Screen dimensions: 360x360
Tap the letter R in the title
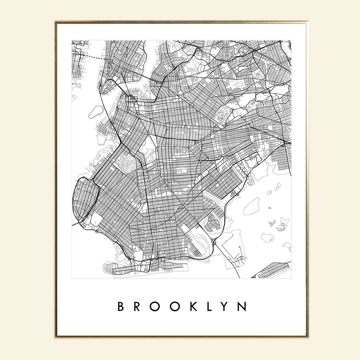[x=137, y=307]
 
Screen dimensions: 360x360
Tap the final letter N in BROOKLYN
[x=243, y=307]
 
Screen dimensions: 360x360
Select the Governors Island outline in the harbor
[x=95, y=111]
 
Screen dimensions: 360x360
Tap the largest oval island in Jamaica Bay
[x=251, y=206]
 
